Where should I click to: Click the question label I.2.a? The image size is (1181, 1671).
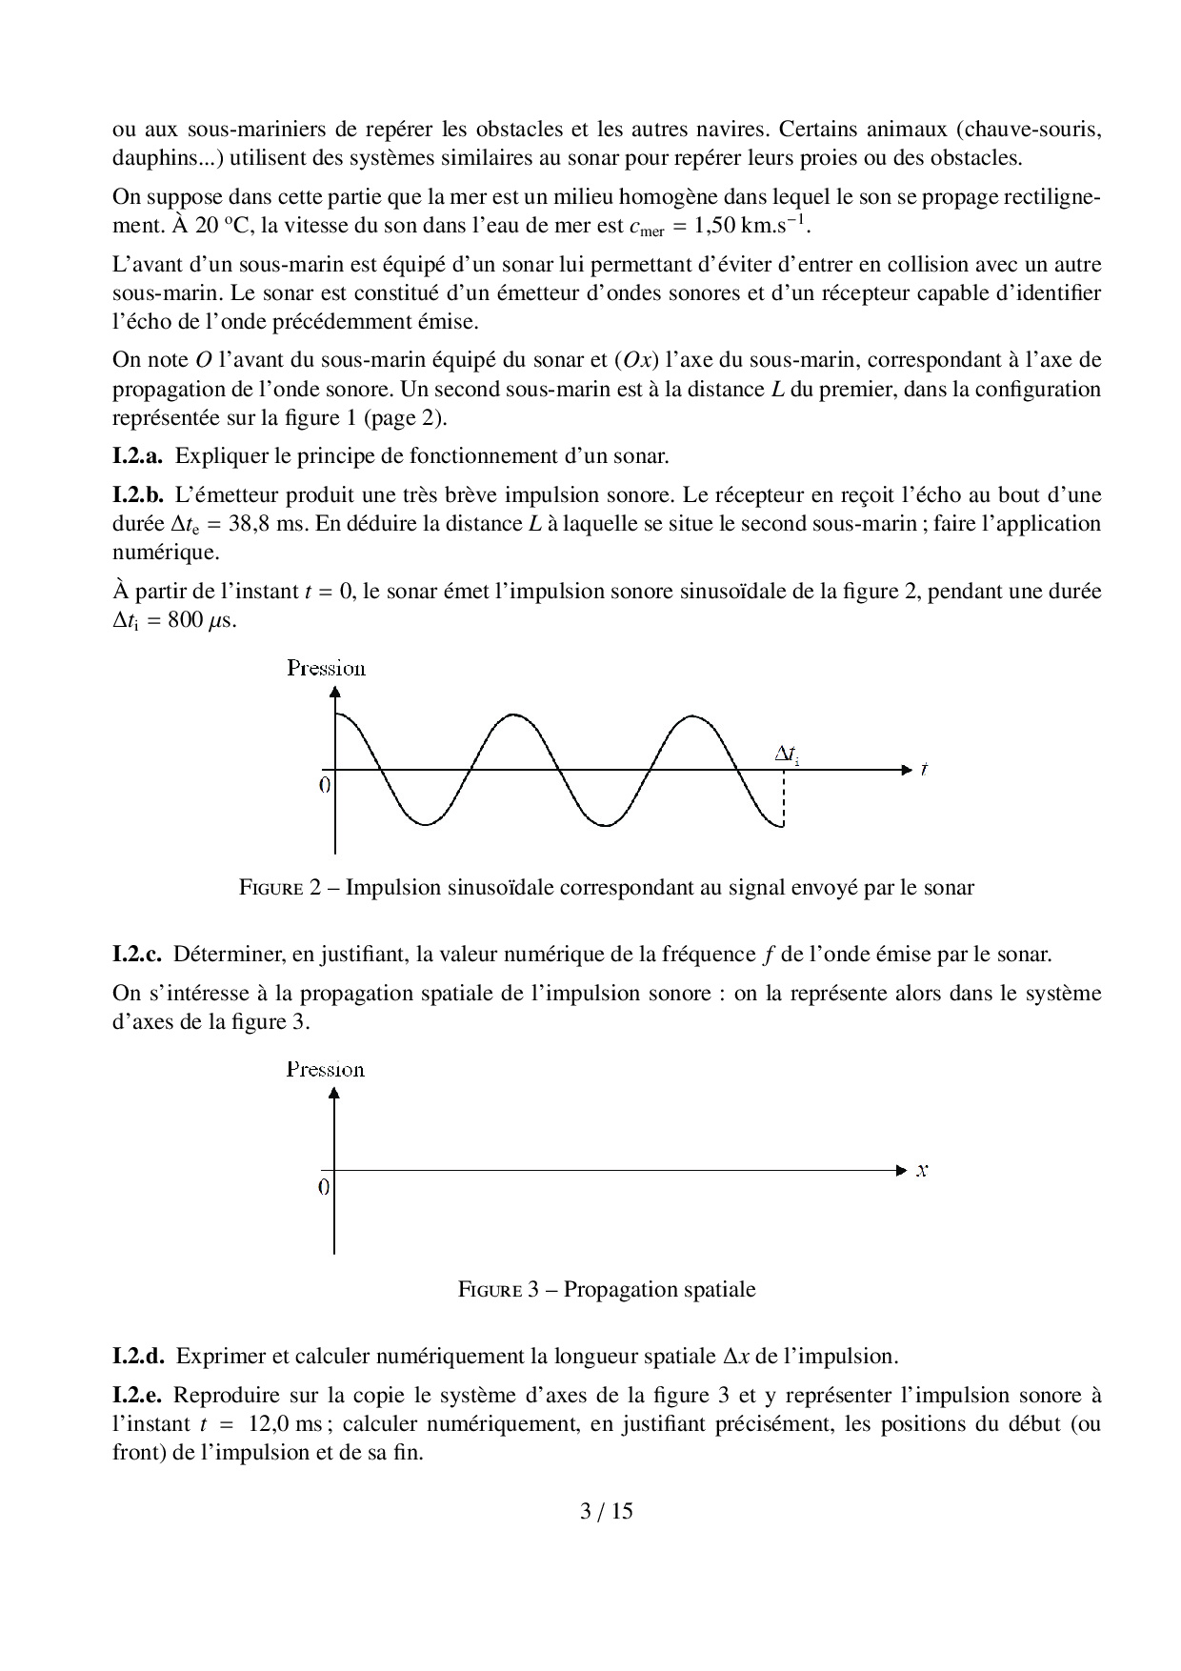coord(137,456)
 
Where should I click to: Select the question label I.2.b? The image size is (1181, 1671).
coord(138,495)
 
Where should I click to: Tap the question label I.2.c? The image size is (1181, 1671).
coord(137,955)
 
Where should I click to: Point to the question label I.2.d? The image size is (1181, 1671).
coord(139,1357)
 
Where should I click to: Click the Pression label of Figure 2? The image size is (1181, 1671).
coord(326,668)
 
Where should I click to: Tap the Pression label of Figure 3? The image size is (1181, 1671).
coord(326,1070)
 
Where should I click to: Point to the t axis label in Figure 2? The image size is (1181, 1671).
coord(924,769)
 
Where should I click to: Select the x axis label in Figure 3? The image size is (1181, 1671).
coord(922,1171)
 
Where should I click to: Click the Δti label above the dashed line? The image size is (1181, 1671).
coord(787,755)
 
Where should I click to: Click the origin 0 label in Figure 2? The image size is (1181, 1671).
coord(325,785)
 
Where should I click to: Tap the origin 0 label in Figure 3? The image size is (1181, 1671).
coord(325,1187)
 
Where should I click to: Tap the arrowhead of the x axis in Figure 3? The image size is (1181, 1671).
coord(903,1170)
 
